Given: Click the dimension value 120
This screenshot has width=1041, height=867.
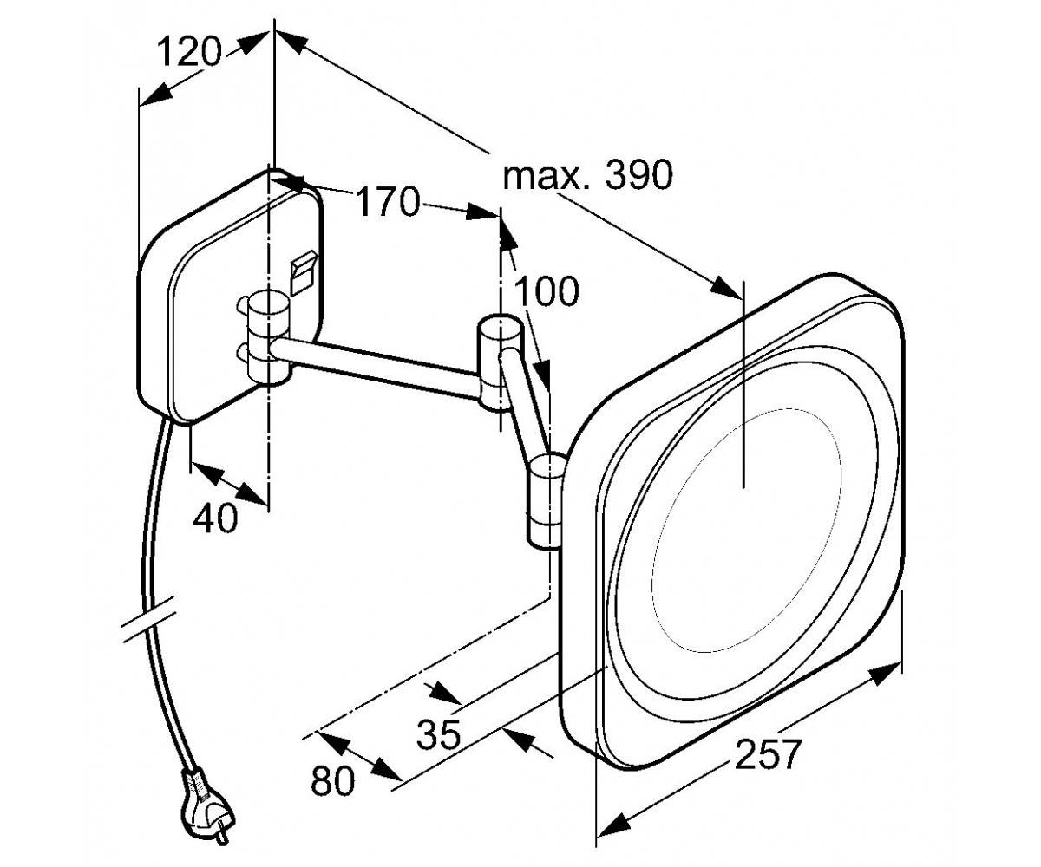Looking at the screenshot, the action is (189, 53).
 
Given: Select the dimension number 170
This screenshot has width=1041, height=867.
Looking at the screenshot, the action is (388, 201).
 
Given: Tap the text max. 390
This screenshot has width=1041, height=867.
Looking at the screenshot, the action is (588, 175).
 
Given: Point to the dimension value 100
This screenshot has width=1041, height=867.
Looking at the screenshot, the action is (547, 291).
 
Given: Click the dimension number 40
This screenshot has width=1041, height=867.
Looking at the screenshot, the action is (215, 518).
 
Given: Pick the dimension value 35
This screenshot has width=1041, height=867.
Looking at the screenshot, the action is (439, 734).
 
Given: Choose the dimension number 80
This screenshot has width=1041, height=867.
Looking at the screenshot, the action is (332, 781).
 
